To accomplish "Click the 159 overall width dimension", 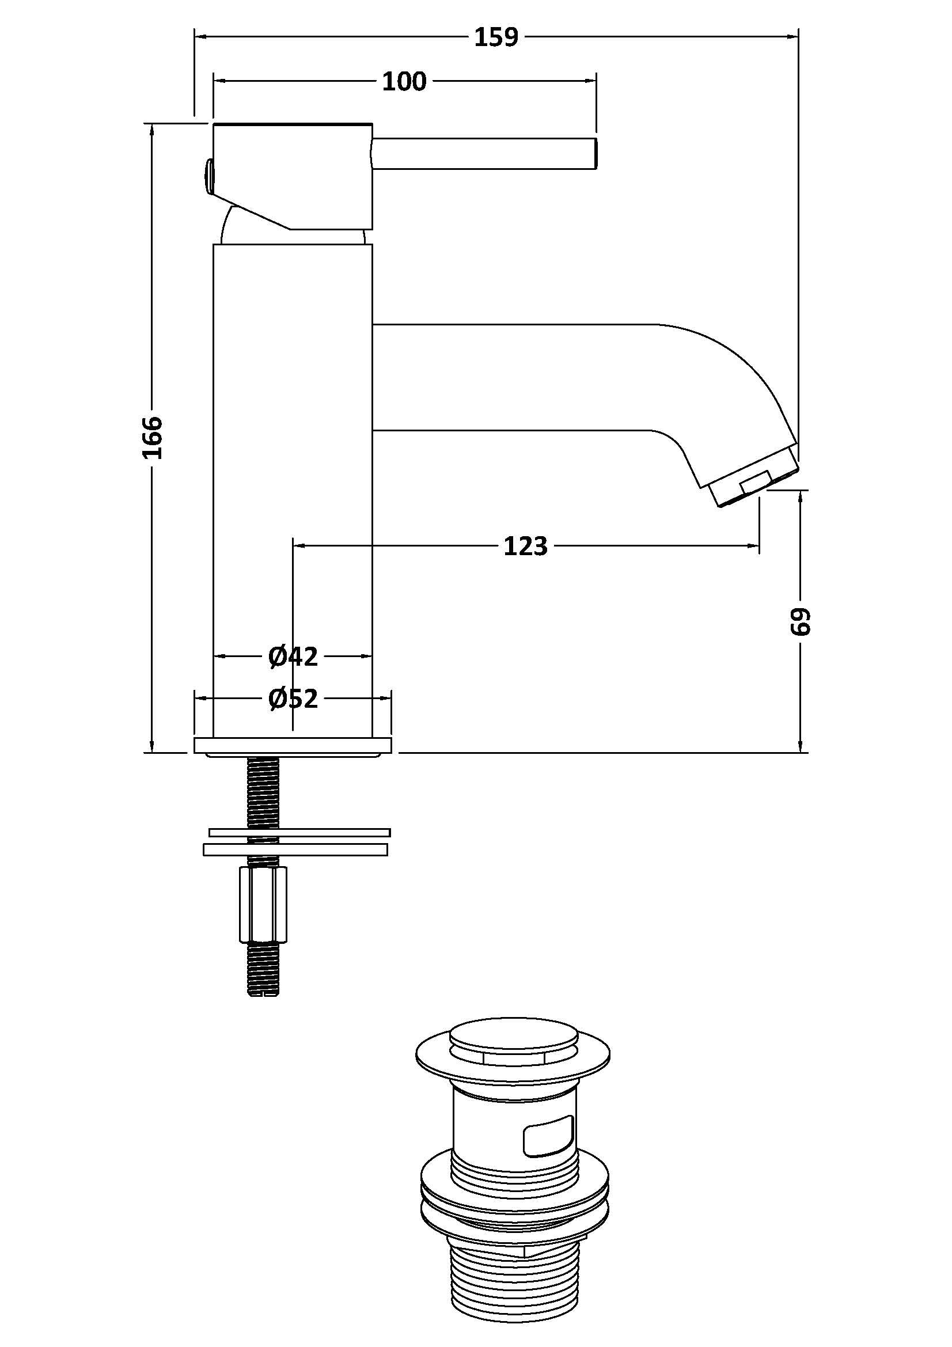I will pyautogui.click(x=496, y=37).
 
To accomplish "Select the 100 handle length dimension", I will pyautogui.click(x=404, y=82).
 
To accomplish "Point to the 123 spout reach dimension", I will pyautogui.click(x=526, y=546).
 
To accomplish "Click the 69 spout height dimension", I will pyautogui.click(x=800, y=621).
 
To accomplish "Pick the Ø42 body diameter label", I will pyautogui.click(x=293, y=657).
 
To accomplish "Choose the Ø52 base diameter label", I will pyautogui.click(x=293, y=698).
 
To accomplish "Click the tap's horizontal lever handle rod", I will pyautogui.click(x=484, y=154).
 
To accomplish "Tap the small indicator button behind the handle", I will pyautogui.click(x=208, y=176).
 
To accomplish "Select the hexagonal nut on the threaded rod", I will pyautogui.click(x=263, y=911).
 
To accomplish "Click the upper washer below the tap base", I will pyautogui.click(x=299, y=832).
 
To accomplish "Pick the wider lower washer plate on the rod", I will pyautogui.click(x=295, y=849).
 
